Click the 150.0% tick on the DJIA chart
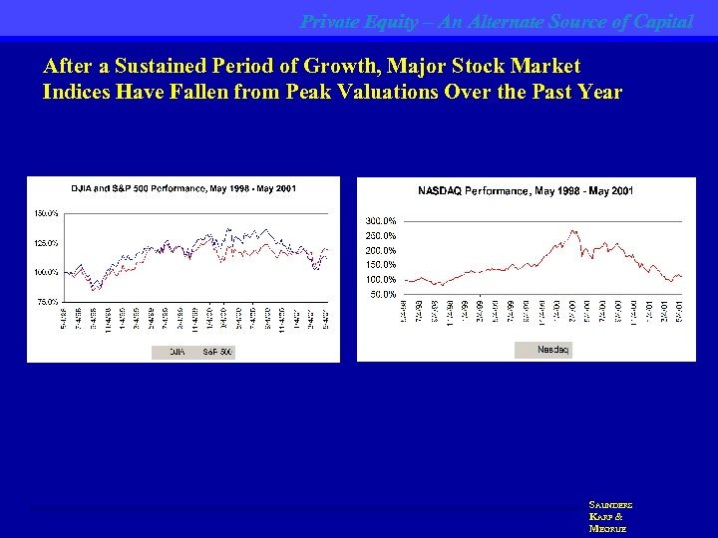pyautogui.click(x=46, y=213)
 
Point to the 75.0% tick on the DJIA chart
pyautogui.click(x=47, y=300)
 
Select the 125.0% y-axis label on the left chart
pyautogui.click(x=46, y=242)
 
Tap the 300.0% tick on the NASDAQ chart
pyautogui.click(x=382, y=220)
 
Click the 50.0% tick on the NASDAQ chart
pyautogui.click(x=384, y=295)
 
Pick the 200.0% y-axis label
pyautogui.click(x=382, y=250)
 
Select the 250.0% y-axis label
pyautogui.click(x=382, y=235)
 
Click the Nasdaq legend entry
pyautogui.click(x=553, y=349)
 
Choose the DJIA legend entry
pyautogui.click(x=176, y=352)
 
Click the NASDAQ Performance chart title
pyautogui.click(x=525, y=190)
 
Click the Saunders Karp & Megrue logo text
pyautogui.click(x=611, y=517)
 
